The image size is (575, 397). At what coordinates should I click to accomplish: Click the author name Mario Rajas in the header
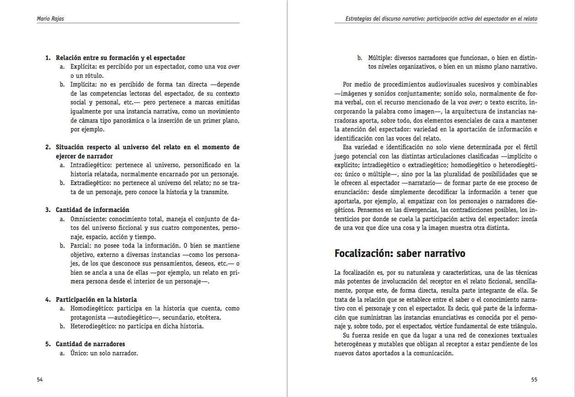(x=49, y=19)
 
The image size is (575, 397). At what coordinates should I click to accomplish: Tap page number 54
(x=40, y=380)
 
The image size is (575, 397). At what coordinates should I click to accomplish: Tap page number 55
(x=534, y=380)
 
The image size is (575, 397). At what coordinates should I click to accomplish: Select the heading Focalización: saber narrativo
(x=400, y=253)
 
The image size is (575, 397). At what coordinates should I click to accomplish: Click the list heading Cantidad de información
(x=92, y=210)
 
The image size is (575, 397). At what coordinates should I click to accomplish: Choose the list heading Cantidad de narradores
(x=90, y=344)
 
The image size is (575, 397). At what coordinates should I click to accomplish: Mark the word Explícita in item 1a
(x=82, y=67)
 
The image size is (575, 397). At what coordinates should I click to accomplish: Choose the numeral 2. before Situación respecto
(x=48, y=147)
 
